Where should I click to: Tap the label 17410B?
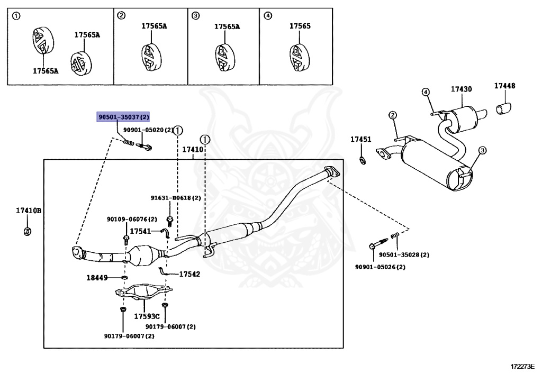coord(29,211)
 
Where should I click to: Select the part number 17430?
coord(461,89)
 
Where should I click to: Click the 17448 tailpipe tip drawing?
coord(504,108)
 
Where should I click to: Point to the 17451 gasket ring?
coord(363,160)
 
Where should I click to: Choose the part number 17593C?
coord(147,316)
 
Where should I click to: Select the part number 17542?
coord(189,274)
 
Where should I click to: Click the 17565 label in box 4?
coord(300,26)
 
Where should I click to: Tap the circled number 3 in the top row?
coord(196,15)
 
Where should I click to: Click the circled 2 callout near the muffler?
coord(393,115)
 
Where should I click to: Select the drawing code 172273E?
coord(522,366)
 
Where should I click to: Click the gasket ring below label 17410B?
coord(28,231)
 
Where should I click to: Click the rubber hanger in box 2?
coord(151,57)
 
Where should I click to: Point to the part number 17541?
coord(140,231)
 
